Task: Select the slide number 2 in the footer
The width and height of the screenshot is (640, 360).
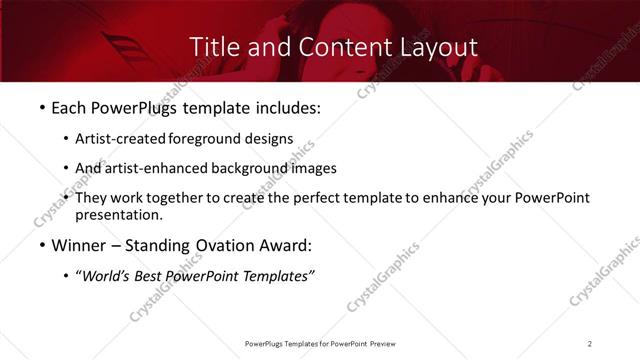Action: (x=590, y=344)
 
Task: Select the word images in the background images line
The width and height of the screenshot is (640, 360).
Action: (x=313, y=168)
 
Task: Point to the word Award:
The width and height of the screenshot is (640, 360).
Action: (x=288, y=245)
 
